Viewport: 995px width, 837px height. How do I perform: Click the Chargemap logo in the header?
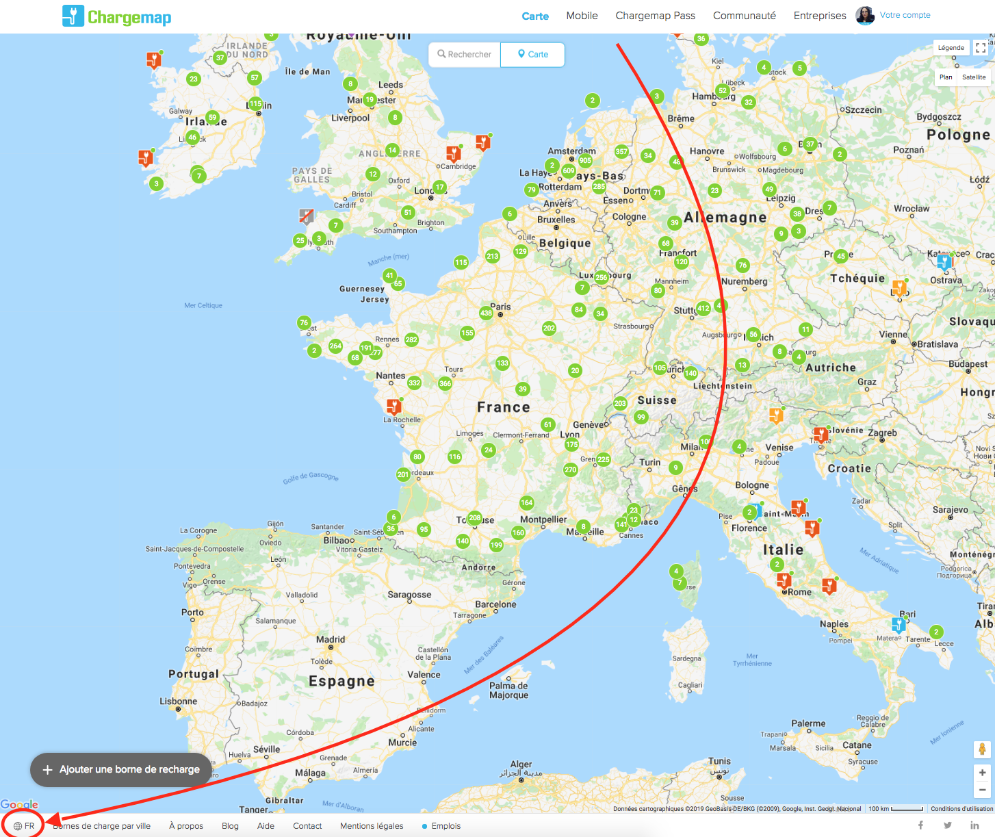(117, 16)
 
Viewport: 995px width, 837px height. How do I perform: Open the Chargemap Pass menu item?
(655, 16)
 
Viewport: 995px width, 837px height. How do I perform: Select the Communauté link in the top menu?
(744, 16)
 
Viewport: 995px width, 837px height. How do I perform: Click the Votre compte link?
(905, 15)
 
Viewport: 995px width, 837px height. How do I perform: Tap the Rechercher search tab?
(465, 55)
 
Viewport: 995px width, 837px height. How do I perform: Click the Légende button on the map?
(951, 48)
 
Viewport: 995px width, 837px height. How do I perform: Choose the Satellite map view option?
(973, 77)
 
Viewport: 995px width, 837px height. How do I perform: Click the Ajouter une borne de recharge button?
(122, 769)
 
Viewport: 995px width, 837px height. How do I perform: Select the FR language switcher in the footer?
(24, 826)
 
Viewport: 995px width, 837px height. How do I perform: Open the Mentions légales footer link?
(372, 826)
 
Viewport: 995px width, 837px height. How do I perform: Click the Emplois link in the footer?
(445, 826)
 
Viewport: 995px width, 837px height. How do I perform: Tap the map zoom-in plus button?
(982, 773)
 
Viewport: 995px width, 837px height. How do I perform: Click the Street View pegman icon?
(982, 749)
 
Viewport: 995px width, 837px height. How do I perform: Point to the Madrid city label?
(331, 639)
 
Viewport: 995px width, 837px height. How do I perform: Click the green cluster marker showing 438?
(486, 313)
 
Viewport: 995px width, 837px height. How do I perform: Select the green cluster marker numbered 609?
(569, 170)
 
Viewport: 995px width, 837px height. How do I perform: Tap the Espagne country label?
(341, 681)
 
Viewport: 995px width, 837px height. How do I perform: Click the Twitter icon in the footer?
(948, 825)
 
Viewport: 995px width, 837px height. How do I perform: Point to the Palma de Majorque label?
(508, 690)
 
